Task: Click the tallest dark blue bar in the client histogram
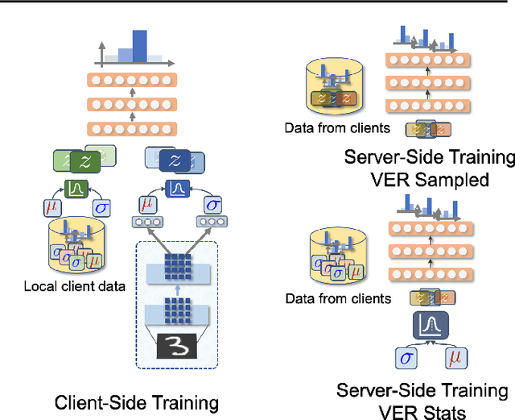(x=140, y=47)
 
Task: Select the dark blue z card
(x=171, y=160)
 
